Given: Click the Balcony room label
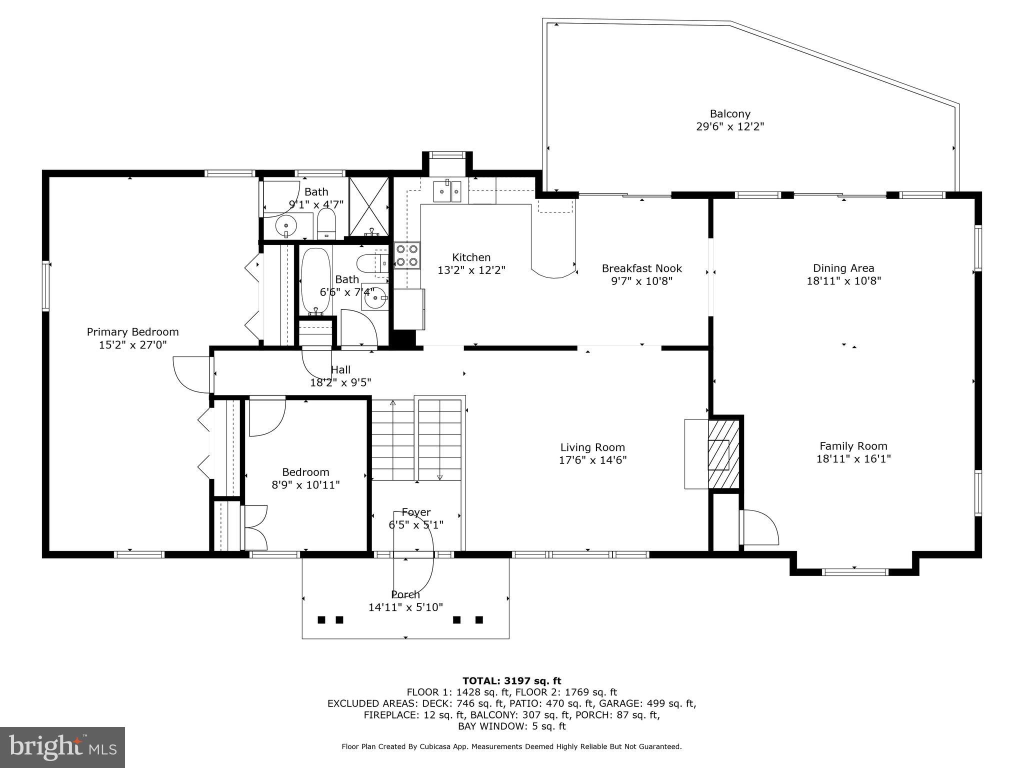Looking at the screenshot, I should pyautogui.click(x=730, y=114).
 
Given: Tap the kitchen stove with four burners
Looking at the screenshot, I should pyautogui.click(x=406, y=255).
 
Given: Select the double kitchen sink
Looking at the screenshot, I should pyautogui.click(x=447, y=191).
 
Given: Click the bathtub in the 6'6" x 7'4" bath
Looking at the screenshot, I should pyautogui.click(x=315, y=280).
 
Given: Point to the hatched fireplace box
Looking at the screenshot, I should pyautogui.click(x=723, y=454).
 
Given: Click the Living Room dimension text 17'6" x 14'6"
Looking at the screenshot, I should pyautogui.click(x=592, y=460).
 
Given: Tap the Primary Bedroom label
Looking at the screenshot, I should pyautogui.click(x=132, y=332).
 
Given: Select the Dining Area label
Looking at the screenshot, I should pyautogui.click(x=843, y=268).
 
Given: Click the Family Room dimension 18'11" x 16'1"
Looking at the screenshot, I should pyautogui.click(x=853, y=459).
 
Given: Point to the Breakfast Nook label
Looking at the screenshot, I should pyautogui.click(x=641, y=268).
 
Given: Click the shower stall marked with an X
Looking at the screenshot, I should pyautogui.click(x=368, y=206).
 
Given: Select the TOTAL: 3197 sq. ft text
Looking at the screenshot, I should pyautogui.click(x=511, y=680).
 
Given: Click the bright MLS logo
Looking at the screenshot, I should pyautogui.click(x=62, y=747).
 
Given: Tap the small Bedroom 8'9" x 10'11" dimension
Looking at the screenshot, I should pyautogui.click(x=305, y=485).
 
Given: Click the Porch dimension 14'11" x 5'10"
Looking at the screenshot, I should pyautogui.click(x=405, y=607).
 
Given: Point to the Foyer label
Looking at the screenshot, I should pyautogui.click(x=416, y=512).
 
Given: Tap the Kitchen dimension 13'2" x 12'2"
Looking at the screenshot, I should pyautogui.click(x=471, y=270).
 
